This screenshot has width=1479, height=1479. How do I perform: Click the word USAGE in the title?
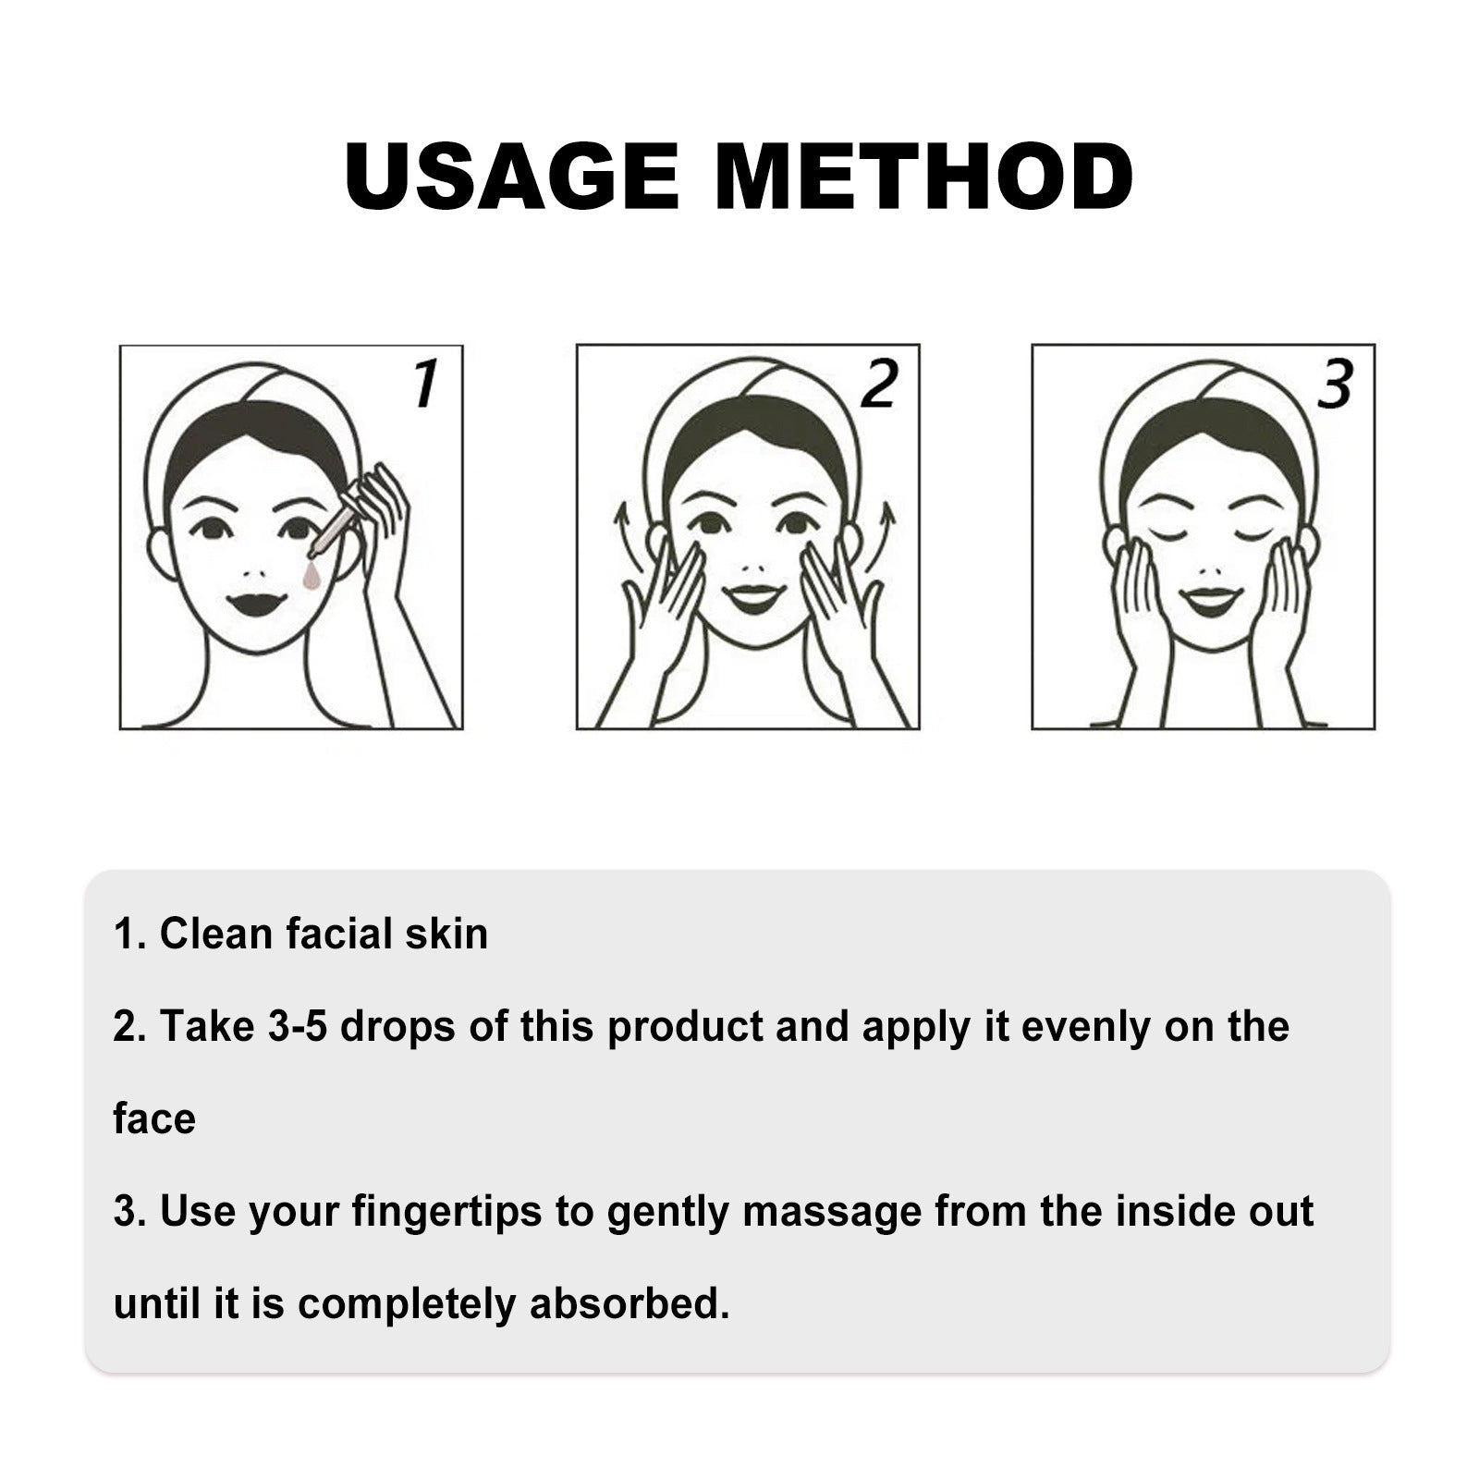tap(511, 176)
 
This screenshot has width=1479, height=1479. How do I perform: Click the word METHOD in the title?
tap(923, 176)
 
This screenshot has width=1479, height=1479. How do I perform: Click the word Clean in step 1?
tap(217, 934)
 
